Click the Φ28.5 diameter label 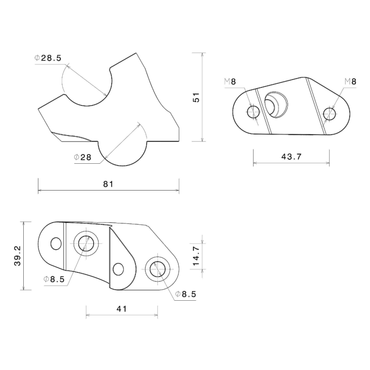[48, 58]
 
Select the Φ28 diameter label [82, 157]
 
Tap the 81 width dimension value [108, 184]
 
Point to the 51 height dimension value [196, 98]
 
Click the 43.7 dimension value [292, 157]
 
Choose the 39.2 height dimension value [18, 256]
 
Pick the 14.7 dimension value [196, 256]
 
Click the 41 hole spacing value [122, 309]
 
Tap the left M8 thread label [230, 82]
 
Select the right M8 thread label [350, 82]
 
